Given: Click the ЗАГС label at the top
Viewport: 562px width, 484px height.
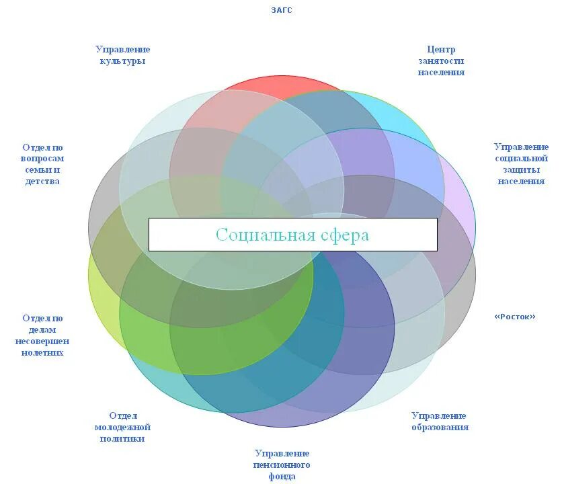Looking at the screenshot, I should click(282, 10).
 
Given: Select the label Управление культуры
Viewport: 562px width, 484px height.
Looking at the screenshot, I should click(122, 55).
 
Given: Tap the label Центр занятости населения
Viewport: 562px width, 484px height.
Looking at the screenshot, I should click(441, 61).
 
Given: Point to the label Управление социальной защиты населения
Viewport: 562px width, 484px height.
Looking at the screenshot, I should click(521, 164).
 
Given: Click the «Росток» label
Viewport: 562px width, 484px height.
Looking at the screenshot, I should click(515, 317).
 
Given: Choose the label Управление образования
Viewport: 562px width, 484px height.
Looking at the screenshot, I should click(440, 421).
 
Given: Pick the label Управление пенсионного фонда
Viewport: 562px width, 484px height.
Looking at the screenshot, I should click(282, 465).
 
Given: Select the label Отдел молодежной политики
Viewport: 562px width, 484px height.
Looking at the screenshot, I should click(122, 428).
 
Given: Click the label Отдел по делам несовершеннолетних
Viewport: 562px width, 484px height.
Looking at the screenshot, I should click(42, 335).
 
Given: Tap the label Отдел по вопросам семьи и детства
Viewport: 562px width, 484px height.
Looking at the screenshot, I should click(42, 164).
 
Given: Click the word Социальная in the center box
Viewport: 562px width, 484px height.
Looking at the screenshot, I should click(266, 235).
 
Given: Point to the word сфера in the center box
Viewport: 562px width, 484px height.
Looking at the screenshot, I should click(345, 235).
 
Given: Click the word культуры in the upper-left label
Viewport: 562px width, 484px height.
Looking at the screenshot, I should click(122, 61).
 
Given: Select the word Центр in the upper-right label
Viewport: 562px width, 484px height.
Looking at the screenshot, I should click(441, 49).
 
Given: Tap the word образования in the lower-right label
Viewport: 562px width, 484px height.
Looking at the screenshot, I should click(440, 428).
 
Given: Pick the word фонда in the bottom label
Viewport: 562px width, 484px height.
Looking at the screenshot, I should click(282, 477).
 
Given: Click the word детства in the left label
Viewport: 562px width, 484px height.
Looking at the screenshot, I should click(42, 182).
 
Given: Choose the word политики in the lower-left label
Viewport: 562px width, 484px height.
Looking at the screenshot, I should click(122, 439).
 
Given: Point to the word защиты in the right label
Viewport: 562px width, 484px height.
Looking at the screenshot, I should click(521, 170).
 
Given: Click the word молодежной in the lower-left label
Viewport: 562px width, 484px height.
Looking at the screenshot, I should click(122, 428).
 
